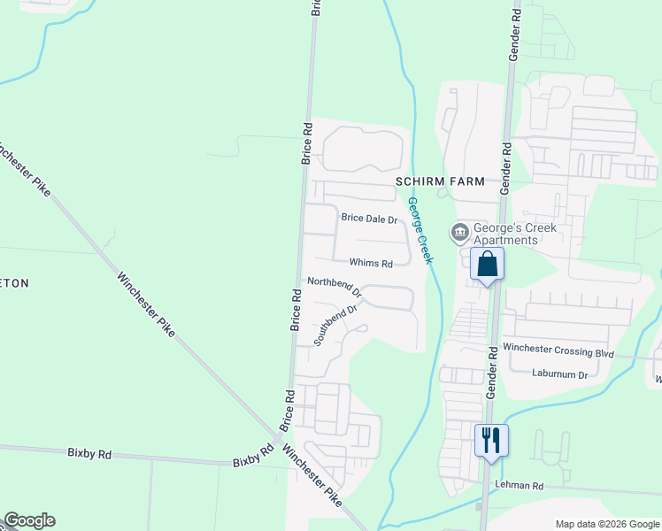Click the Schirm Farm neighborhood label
click(440, 181)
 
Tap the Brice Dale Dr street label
click(370, 219)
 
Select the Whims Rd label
click(371, 263)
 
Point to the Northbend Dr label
click(335, 285)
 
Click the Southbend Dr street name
click(335, 325)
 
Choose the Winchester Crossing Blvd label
click(558, 352)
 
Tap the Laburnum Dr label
click(559, 374)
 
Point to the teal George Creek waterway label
click(420, 230)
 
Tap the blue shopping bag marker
click(487, 264)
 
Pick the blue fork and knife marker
click(491, 439)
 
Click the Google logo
click(29, 520)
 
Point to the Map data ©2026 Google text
click(606, 524)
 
